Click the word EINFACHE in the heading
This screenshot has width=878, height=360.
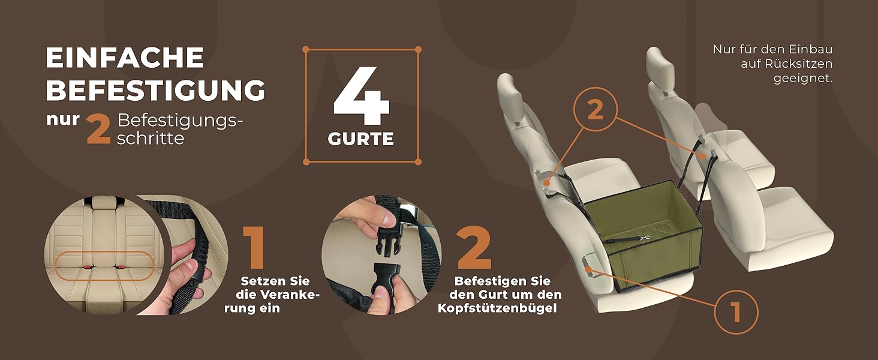(125, 57)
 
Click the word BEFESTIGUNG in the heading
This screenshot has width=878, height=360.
(155, 90)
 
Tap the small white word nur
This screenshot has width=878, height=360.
(63, 119)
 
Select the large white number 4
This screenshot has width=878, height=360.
(362, 95)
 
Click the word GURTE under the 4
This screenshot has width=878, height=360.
(360, 139)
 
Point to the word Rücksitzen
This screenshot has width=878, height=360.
(786, 64)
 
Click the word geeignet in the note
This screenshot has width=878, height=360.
(803, 79)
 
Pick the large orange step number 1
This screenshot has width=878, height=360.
(254, 247)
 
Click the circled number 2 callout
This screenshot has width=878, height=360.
(596, 109)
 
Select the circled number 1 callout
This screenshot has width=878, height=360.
(736, 312)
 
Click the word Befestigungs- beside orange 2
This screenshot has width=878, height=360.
(180, 122)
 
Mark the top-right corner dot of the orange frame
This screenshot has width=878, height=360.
(418, 49)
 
